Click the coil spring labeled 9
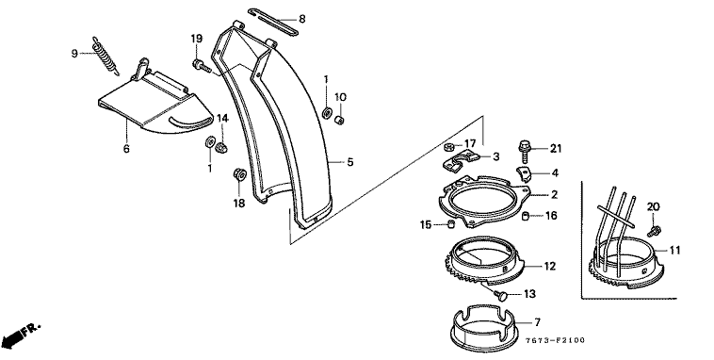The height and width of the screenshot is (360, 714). (105, 57)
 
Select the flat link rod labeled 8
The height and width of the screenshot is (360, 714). (273, 22)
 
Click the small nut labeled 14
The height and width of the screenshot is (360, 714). (221, 147)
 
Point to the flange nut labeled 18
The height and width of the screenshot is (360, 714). (239, 174)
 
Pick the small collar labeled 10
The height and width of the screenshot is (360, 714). (339, 120)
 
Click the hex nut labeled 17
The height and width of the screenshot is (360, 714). (449, 147)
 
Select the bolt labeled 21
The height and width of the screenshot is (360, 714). (524, 152)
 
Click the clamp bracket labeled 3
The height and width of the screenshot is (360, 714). (462, 163)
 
